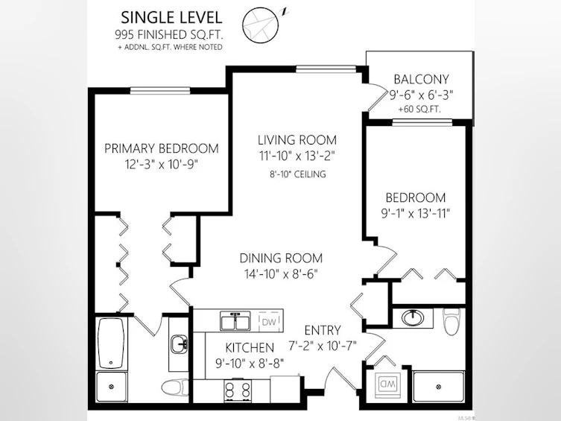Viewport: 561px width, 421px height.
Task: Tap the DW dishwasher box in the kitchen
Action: (x=269, y=322)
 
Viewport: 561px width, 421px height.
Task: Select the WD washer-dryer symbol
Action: (x=387, y=384)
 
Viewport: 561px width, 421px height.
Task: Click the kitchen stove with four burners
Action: (x=238, y=390)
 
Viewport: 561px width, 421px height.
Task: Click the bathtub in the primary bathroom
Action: (x=111, y=343)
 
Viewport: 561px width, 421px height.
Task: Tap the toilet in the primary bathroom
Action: (x=174, y=387)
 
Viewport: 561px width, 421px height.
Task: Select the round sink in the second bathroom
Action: (x=413, y=317)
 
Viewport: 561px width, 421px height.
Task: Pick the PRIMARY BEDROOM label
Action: (x=162, y=148)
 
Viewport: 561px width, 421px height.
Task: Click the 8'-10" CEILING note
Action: (x=298, y=174)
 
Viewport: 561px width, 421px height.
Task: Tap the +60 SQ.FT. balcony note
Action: (x=419, y=109)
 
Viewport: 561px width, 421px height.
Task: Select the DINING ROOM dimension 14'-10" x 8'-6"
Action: (x=281, y=274)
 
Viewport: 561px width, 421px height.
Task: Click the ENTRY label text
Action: (x=323, y=330)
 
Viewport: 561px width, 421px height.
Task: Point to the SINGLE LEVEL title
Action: (x=171, y=18)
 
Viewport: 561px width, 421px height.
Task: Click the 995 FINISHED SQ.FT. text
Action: (x=169, y=35)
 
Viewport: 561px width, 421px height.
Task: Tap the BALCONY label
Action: (x=421, y=79)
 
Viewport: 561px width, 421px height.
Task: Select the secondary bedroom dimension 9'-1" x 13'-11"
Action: (x=416, y=214)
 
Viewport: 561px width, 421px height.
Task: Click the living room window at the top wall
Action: (x=326, y=69)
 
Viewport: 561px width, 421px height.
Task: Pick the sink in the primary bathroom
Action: (x=179, y=344)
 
